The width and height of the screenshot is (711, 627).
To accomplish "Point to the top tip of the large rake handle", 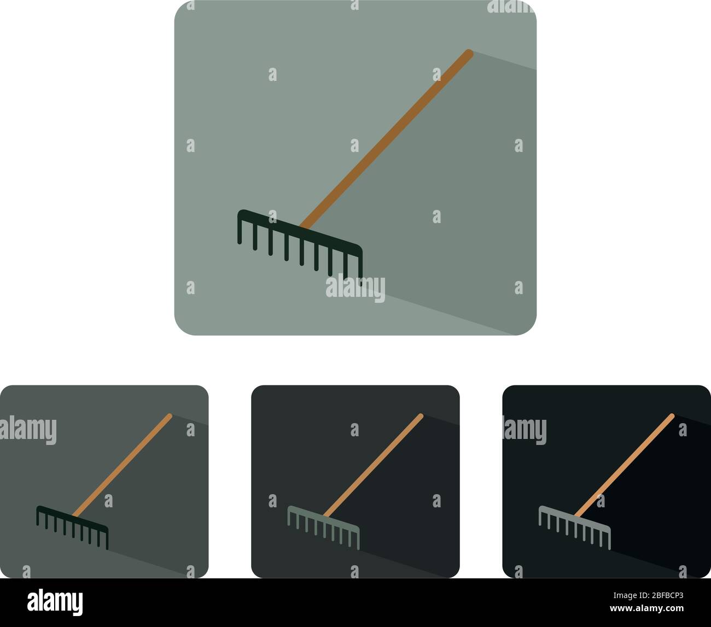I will click(x=468, y=52).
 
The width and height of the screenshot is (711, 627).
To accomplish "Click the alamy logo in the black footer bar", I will click(x=55, y=602).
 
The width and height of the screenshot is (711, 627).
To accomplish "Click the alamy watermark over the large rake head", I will click(x=355, y=289).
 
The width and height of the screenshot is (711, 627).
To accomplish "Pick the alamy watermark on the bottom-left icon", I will click(x=28, y=430).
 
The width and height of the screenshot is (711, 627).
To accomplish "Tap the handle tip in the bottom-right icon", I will click(x=672, y=416).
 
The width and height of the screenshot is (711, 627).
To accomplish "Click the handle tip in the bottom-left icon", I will click(x=170, y=416).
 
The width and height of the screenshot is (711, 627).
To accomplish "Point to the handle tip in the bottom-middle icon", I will click(x=421, y=416).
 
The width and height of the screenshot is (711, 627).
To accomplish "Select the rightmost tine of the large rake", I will click(x=360, y=268).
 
